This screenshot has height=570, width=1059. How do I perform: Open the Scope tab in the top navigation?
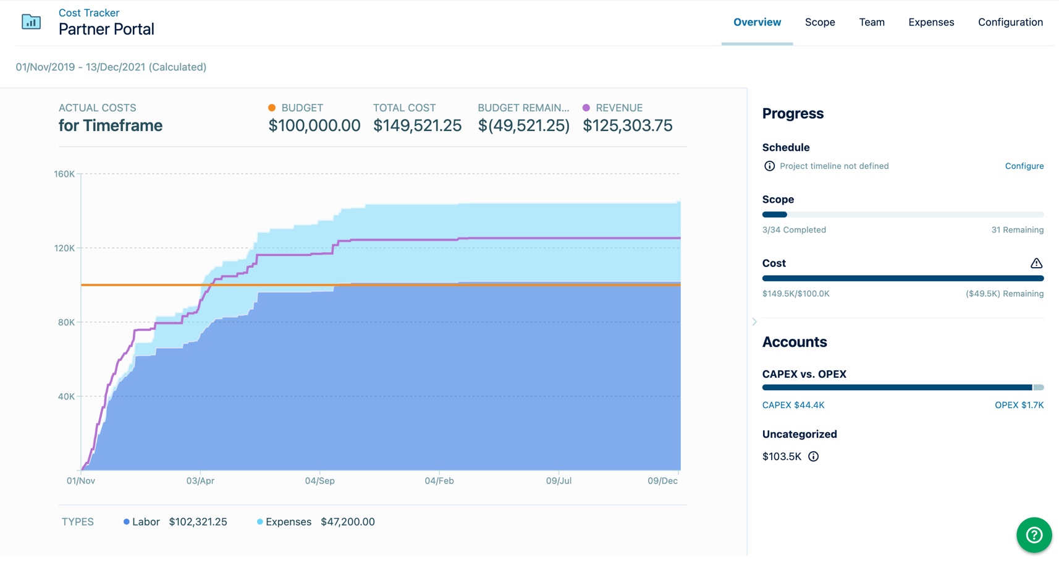(x=820, y=22)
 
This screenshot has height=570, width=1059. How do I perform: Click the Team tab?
(x=871, y=22)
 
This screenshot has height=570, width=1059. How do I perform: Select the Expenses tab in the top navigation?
(x=930, y=22)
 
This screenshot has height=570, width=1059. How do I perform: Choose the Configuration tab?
(x=1010, y=22)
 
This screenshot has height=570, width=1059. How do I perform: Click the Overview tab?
(x=757, y=22)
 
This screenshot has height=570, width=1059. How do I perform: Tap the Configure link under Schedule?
(x=1024, y=166)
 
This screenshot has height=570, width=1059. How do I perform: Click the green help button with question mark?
(x=1034, y=535)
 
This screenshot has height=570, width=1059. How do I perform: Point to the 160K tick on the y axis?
(x=64, y=174)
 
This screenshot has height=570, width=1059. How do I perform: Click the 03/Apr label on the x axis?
(x=200, y=481)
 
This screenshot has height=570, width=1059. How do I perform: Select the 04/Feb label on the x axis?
(x=439, y=481)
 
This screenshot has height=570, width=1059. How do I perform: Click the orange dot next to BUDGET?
(x=272, y=108)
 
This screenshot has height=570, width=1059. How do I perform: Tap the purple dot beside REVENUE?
(x=586, y=108)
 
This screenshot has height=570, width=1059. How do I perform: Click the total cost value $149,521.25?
(x=417, y=125)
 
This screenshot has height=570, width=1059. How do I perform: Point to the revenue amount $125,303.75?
(x=627, y=125)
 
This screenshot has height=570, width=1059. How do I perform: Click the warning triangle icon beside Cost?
(x=1036, y=263)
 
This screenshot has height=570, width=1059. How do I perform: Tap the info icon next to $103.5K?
(x=813, y=456)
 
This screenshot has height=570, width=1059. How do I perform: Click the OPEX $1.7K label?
(x=1019, y=405)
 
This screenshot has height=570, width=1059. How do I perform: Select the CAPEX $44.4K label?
(x=793, y=405)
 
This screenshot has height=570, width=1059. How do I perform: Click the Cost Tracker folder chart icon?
(x=31, y=22)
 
